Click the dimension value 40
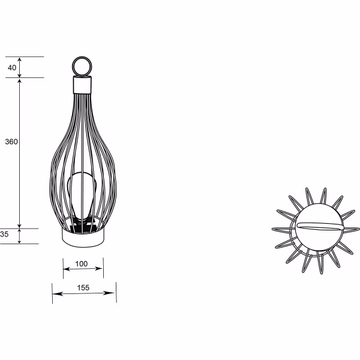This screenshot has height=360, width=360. click(x=12, y=67)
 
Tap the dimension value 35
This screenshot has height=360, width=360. click(x=4, y=235)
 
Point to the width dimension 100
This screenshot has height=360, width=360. click(x=82, y=263)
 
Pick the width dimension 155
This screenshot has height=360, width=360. click(x=83, y=288)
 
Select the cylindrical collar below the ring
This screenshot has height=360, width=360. click(x=82, y=85)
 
